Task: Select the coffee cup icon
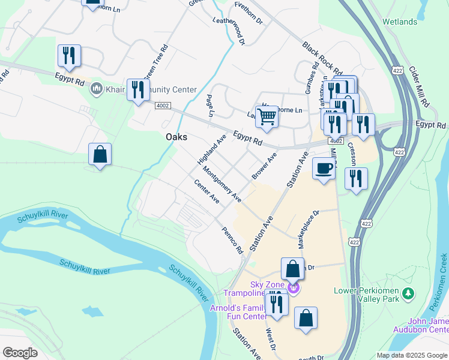pyautogui.click(x=324, y=168)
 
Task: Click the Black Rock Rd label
pyautogui.click(x=322, y=59)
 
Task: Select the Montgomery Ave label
pyautogui.click(x=222, y=184)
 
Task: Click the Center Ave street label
pyautogui.click(x=206, y=191)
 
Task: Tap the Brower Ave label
pyautogui.click(x=264, y=166)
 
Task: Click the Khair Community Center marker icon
pyautogui.click(x=96, y=90)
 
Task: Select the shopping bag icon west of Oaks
pyautogui.click(x=100, y=154)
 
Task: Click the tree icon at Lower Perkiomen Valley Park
pyautogui.click(x=408, y=293)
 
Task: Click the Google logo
pyautogui.click(x=20, y=352)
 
